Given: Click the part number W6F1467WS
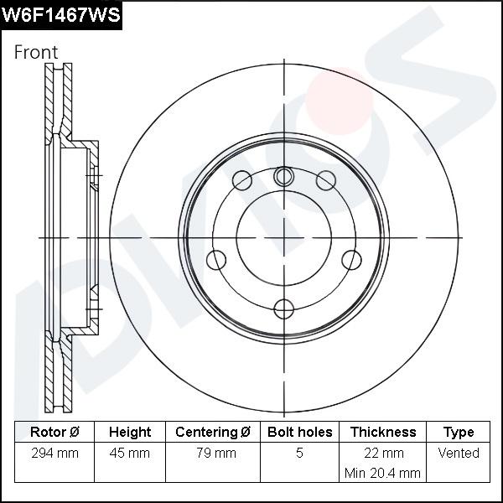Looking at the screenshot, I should (x=62, y=15).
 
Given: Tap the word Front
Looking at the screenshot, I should (x=36, y=52).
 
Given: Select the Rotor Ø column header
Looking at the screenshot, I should (x=54, y=433).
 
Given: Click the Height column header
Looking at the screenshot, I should (x=130, y=433).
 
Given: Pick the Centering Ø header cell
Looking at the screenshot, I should (x=213, y=433).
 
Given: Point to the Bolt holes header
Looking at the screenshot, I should (x=299, y=433).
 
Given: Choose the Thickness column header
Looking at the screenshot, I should (x=382, y=433).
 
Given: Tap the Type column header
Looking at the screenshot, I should (x=459, y=433).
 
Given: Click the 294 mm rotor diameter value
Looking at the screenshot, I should (x=54, y=454).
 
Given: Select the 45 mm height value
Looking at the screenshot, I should (x=130, y=454).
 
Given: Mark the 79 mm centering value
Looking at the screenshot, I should (x=213, y=454).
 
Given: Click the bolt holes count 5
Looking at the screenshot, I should (x=299, y=454).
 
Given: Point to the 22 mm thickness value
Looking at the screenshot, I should (x=382, y=454).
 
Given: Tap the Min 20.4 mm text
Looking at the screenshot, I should (x=382, y=473).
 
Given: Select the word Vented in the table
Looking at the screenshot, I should (x=459, y=454).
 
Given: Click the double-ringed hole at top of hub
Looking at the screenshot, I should (x=284, y=176).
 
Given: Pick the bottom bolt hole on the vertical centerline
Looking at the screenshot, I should (x=284, y=308).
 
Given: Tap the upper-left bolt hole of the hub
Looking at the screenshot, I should (x=242, y=179).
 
